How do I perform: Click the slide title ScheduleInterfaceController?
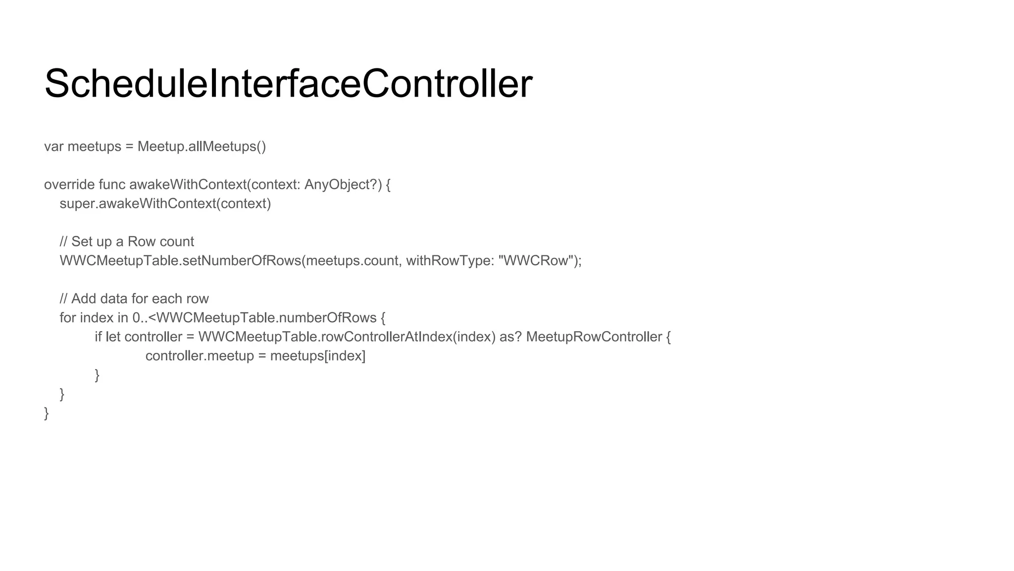coord(288,83)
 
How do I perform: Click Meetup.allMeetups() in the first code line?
coord(202,147)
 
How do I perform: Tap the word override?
coord(69,185)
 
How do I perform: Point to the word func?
coord(112,185)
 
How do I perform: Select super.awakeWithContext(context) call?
coord(165,204)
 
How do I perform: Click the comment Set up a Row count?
coord(133,242)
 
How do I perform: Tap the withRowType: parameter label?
coord(450,261)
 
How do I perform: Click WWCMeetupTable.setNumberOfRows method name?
coord(180,261)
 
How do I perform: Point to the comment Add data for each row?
coord(140,299)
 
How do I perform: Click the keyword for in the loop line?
coord(67,318)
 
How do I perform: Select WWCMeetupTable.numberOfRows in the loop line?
coord(266,318)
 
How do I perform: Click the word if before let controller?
coord(98,337)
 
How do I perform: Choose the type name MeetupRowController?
coord(594,337)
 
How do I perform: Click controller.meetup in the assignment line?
coord(200,356)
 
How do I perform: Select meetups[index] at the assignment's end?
coord(318,356)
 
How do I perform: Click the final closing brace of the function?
coord(47,413)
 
